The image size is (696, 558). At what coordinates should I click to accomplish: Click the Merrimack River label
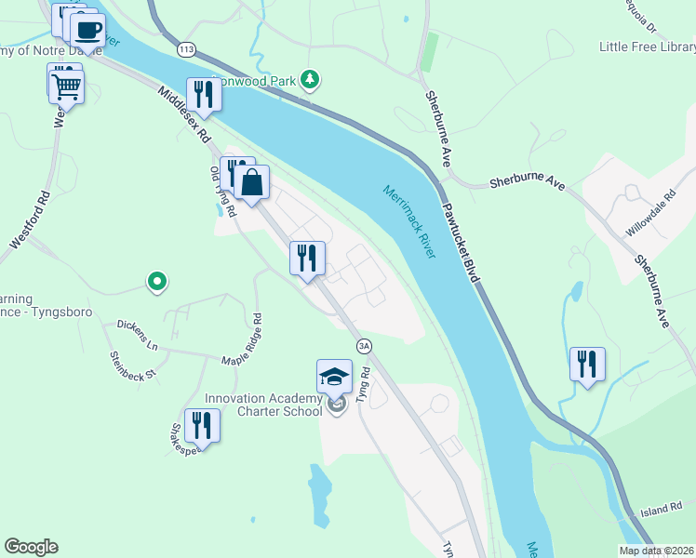point(409,222)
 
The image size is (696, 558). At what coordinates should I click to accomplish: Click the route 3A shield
point(364,346)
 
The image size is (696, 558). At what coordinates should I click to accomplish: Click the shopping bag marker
point(251,183)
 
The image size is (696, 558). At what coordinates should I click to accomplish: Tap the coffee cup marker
point(87,30)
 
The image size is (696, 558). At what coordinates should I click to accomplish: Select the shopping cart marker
point(66,86)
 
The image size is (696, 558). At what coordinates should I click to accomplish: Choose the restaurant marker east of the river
point(587,364)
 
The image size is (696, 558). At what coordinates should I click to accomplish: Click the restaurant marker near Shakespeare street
point(202,426)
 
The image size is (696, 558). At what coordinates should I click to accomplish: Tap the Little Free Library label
point(646,46)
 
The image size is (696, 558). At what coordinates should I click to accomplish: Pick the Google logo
point(31,547)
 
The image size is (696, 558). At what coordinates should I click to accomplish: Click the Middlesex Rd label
point(183,115)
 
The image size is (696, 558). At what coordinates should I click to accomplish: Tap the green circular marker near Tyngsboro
point(157,280)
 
